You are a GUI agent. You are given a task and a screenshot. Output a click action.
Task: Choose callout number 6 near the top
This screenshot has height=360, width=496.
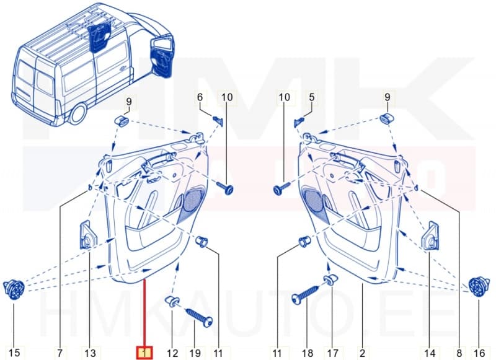(x=200, y=97)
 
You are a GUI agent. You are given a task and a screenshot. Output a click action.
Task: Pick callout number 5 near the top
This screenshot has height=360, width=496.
(x=312, y=97)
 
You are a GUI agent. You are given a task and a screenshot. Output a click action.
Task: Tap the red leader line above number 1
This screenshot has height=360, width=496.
(x=144, y=310)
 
